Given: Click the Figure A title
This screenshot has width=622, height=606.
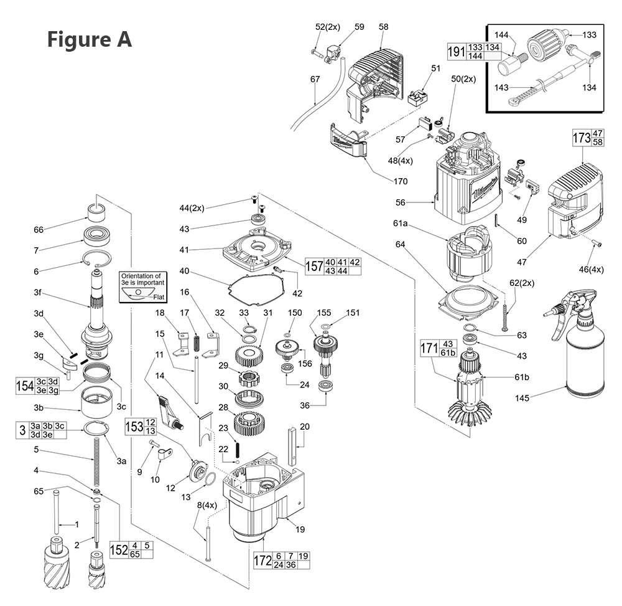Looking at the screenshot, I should tap(90, 39).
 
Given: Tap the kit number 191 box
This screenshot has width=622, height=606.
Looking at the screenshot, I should tap(456, 52).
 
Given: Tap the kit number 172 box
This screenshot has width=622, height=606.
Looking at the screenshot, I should tap(262, 561).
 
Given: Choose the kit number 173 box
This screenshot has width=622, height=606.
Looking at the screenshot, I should tap(581, 138).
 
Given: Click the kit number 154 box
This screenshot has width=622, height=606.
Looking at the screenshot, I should tap(24, 386).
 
